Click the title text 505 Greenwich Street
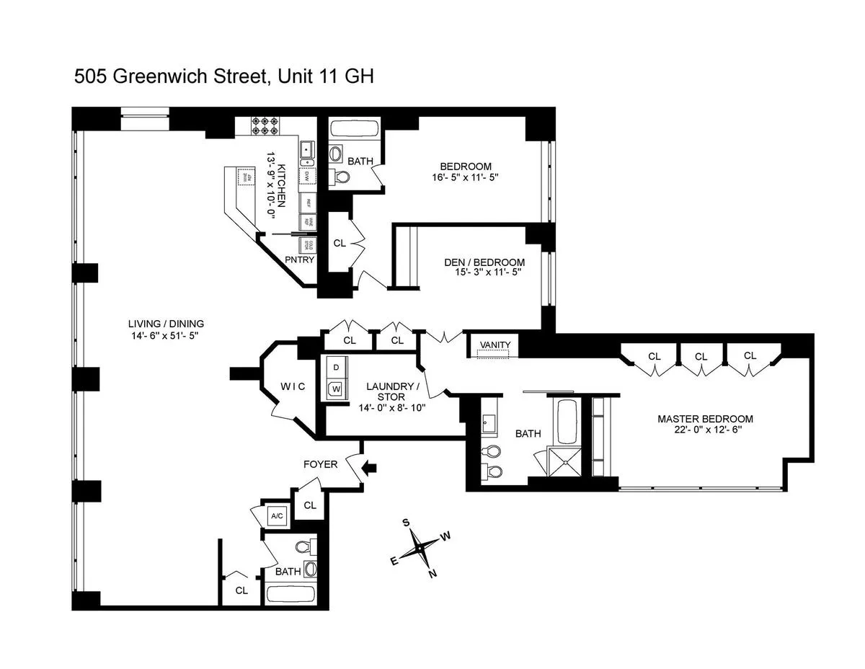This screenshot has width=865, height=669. (x=170, y=77)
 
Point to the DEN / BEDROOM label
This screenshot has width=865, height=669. (x=484, y=262)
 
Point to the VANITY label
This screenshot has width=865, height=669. (x=494, y=345)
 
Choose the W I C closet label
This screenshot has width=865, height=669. (x=293, y=386)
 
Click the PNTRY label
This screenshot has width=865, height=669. (x=299, y=260)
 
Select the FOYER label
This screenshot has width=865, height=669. (x=320, y=464)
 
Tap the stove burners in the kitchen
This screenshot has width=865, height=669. (x=265, y=126)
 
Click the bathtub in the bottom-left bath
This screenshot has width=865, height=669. (x=290, y=595)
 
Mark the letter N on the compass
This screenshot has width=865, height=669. (x=432, y=574)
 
